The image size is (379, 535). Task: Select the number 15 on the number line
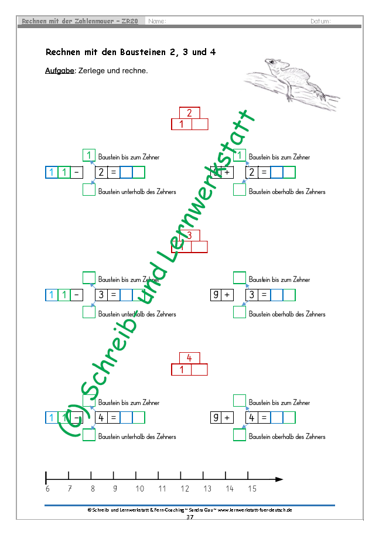(x=252, y=489)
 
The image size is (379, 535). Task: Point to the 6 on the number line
(x=47, y=489)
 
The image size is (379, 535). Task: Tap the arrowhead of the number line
(x=279, y=479)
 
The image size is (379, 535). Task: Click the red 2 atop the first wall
(x=189, y=113)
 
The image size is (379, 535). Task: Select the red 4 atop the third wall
(x=189, y=358)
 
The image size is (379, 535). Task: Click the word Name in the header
(x=157, y=22)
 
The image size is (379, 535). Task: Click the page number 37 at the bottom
(x=189, y=517)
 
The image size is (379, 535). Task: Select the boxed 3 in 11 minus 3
(x=101, y=295)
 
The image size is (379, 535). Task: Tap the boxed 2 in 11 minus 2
(x=101, y=172)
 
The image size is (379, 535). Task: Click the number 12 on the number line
(x=185, y=489)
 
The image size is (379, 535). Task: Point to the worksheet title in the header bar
(x=80, y=22)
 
